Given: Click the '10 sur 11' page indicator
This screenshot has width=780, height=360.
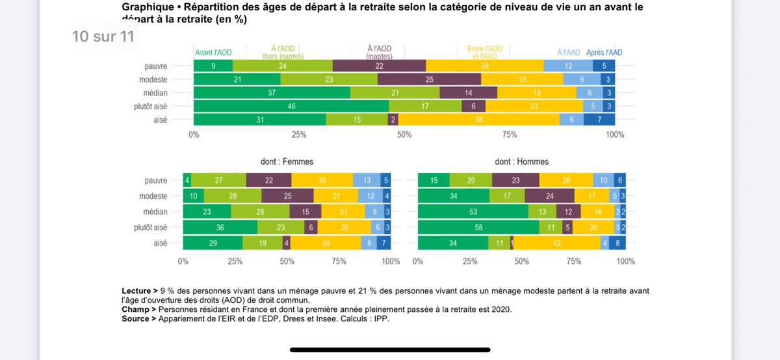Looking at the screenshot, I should (103, 36).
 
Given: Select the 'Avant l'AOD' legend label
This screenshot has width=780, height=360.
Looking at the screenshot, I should (213, 53).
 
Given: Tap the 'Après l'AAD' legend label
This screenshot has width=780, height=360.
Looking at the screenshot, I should (604, 53).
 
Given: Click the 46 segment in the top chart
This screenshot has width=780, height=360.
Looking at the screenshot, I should (291, 106).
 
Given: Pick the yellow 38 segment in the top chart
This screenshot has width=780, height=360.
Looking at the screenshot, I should (478, 120).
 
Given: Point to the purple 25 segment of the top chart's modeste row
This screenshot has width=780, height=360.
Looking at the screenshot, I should (429, 79).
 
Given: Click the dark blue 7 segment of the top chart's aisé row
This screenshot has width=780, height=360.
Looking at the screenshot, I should (599, 120).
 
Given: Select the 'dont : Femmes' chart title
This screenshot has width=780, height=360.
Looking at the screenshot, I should (287, 161).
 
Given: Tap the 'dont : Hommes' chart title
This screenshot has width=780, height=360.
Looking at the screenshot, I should (521, 161).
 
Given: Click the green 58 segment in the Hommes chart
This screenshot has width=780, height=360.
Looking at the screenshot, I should (478, 227).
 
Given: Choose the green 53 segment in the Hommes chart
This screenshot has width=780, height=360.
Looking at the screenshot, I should (473, 212).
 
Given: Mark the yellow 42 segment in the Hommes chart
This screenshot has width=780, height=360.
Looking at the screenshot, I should (557, 243).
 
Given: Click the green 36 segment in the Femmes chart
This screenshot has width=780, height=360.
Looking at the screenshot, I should (220, 227).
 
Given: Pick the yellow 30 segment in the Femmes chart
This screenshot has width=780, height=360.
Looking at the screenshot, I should (322, 181).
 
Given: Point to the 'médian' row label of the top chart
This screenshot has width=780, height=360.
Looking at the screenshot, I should (155, 93).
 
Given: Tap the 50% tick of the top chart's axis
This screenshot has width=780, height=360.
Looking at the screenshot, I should (404, 135).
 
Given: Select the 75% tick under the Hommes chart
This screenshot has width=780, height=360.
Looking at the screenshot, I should (573, 261).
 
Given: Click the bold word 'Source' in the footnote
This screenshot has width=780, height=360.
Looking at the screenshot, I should (135, 318).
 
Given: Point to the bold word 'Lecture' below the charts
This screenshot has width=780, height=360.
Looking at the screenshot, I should (137, 290).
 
